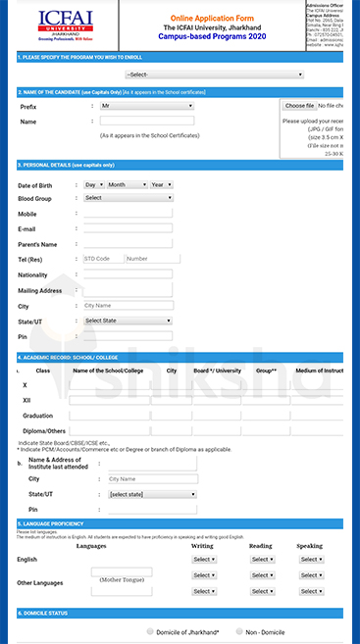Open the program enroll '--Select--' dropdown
(x=214, y=74)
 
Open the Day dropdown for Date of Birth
(x=93, y=184)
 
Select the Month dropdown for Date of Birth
(x=126, y=184)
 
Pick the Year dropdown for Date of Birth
(x=160, y=184)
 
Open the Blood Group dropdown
(x=127, y=198)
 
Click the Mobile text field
(x=128, y=213)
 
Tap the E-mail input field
(x=128, y=228)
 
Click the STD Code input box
(x=101, y=259)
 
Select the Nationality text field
(x=128, y=274)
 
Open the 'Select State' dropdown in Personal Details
(x=128, y=321)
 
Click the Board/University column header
(x=217, y=371)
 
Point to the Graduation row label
(x=37, y=415)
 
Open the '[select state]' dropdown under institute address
(x=152, y=494)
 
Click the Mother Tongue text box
(x=123, y=571)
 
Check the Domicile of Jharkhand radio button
(x=150, y=632)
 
